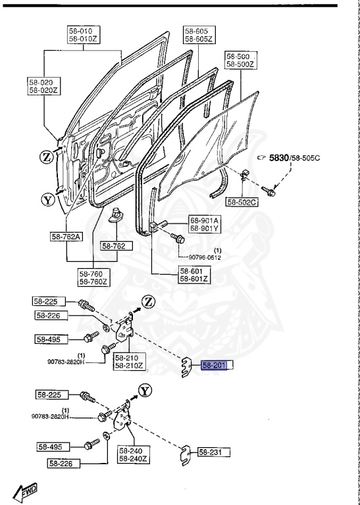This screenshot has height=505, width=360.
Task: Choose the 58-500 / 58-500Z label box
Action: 242,61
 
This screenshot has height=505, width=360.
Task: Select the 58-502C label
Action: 242,201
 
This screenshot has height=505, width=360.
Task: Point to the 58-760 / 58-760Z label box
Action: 92,277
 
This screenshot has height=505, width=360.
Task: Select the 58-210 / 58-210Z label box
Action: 129,361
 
